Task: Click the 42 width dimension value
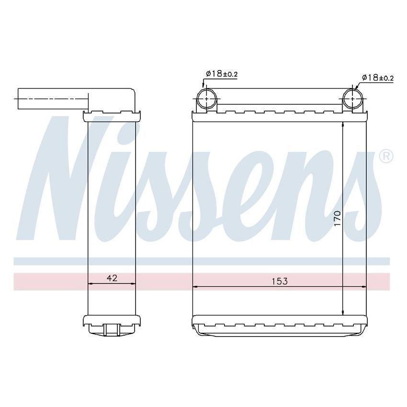[112, 277]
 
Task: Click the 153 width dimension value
[280, 281]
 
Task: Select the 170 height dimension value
[337, 219]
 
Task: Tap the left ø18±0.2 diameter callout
[222, 73]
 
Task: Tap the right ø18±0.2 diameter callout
[377, 77]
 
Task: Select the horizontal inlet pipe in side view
[53, 99]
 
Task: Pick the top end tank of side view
[112, 115]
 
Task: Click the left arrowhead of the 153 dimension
[195, 287]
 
